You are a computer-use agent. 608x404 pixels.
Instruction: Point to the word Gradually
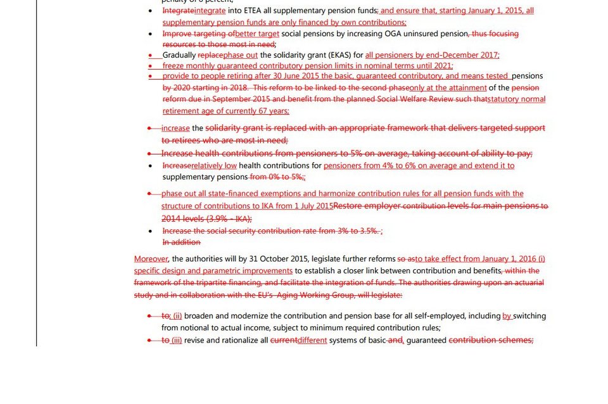[179, 55]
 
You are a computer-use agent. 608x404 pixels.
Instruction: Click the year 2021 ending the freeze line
[443, 65]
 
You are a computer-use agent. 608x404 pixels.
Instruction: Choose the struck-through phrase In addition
[181, 242]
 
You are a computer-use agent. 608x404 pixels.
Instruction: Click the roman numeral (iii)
[177, 340]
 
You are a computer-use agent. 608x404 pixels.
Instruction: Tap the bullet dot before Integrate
[149, 11]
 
